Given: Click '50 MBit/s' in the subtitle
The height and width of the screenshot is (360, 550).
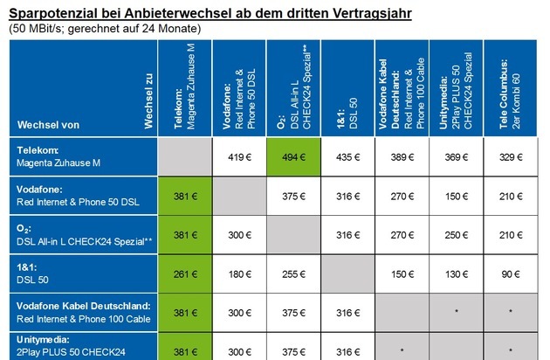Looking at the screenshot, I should click(x=37, y=29).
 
